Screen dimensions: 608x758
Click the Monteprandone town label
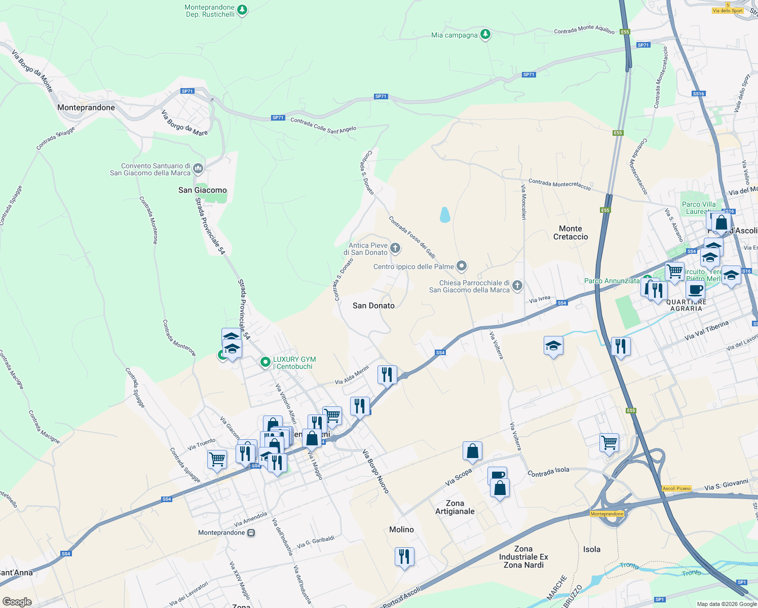pos(86,107)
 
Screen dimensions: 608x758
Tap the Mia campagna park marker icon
pos(485,34)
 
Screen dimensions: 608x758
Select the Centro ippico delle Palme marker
pos(461,266)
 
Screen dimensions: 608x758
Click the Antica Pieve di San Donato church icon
pos(395,248)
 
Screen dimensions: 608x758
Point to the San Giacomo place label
pos(202,190)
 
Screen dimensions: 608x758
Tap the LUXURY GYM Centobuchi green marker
pos(265,362)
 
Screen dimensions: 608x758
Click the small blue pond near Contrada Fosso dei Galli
pos(445,215)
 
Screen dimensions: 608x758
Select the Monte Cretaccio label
pos(571,233)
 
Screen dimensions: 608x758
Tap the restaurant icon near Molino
pos(404,557)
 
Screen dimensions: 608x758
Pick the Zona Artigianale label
pos(455,507)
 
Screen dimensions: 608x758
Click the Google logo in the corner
pos(17,601)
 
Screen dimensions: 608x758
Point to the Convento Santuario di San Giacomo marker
pos(198,168)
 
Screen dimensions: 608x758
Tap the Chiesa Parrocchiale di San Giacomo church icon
pos(517,286)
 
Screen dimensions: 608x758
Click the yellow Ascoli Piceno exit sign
pos(676,488)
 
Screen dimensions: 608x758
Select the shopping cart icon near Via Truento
pos(217,459)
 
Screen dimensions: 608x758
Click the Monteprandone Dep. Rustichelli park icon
pos(242,10)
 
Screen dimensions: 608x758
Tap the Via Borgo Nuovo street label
pos(375,471)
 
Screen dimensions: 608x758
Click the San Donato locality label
pos(373,306)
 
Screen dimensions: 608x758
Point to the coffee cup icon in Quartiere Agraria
pos(695,290)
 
